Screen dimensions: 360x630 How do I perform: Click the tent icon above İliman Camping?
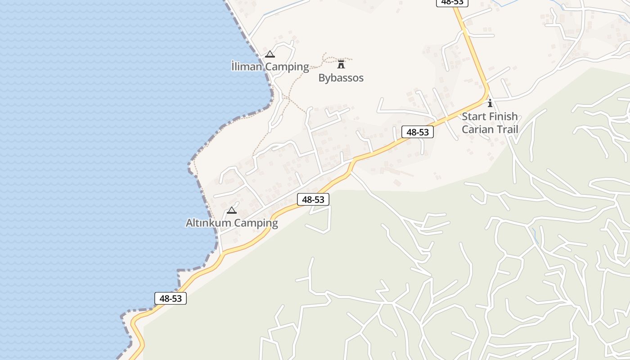coord(270,54)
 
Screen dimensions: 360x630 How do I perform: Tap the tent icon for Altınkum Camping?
coord(232,210)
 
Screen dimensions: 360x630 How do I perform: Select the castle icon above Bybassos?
coord(341,64)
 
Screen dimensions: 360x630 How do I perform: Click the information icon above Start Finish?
coord(490,103)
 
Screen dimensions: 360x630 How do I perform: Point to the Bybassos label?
coord(341,78)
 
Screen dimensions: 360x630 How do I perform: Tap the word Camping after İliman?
coord(287,67)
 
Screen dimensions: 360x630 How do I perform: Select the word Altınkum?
coord(208,223)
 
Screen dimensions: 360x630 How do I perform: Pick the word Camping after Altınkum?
coord(256,223)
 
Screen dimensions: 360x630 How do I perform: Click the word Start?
coord(474,117)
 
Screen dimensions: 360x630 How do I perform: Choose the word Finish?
coord(504,117)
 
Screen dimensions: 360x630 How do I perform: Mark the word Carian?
coord(477,130)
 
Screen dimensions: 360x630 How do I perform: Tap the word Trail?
coord(507,130)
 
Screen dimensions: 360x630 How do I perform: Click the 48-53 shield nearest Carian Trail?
coord(418,132)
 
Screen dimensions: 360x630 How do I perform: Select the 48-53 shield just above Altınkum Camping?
coord(313,199)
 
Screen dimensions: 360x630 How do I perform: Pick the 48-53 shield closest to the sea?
coord(171,298)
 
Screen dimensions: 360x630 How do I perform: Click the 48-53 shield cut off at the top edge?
coord(452,3)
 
